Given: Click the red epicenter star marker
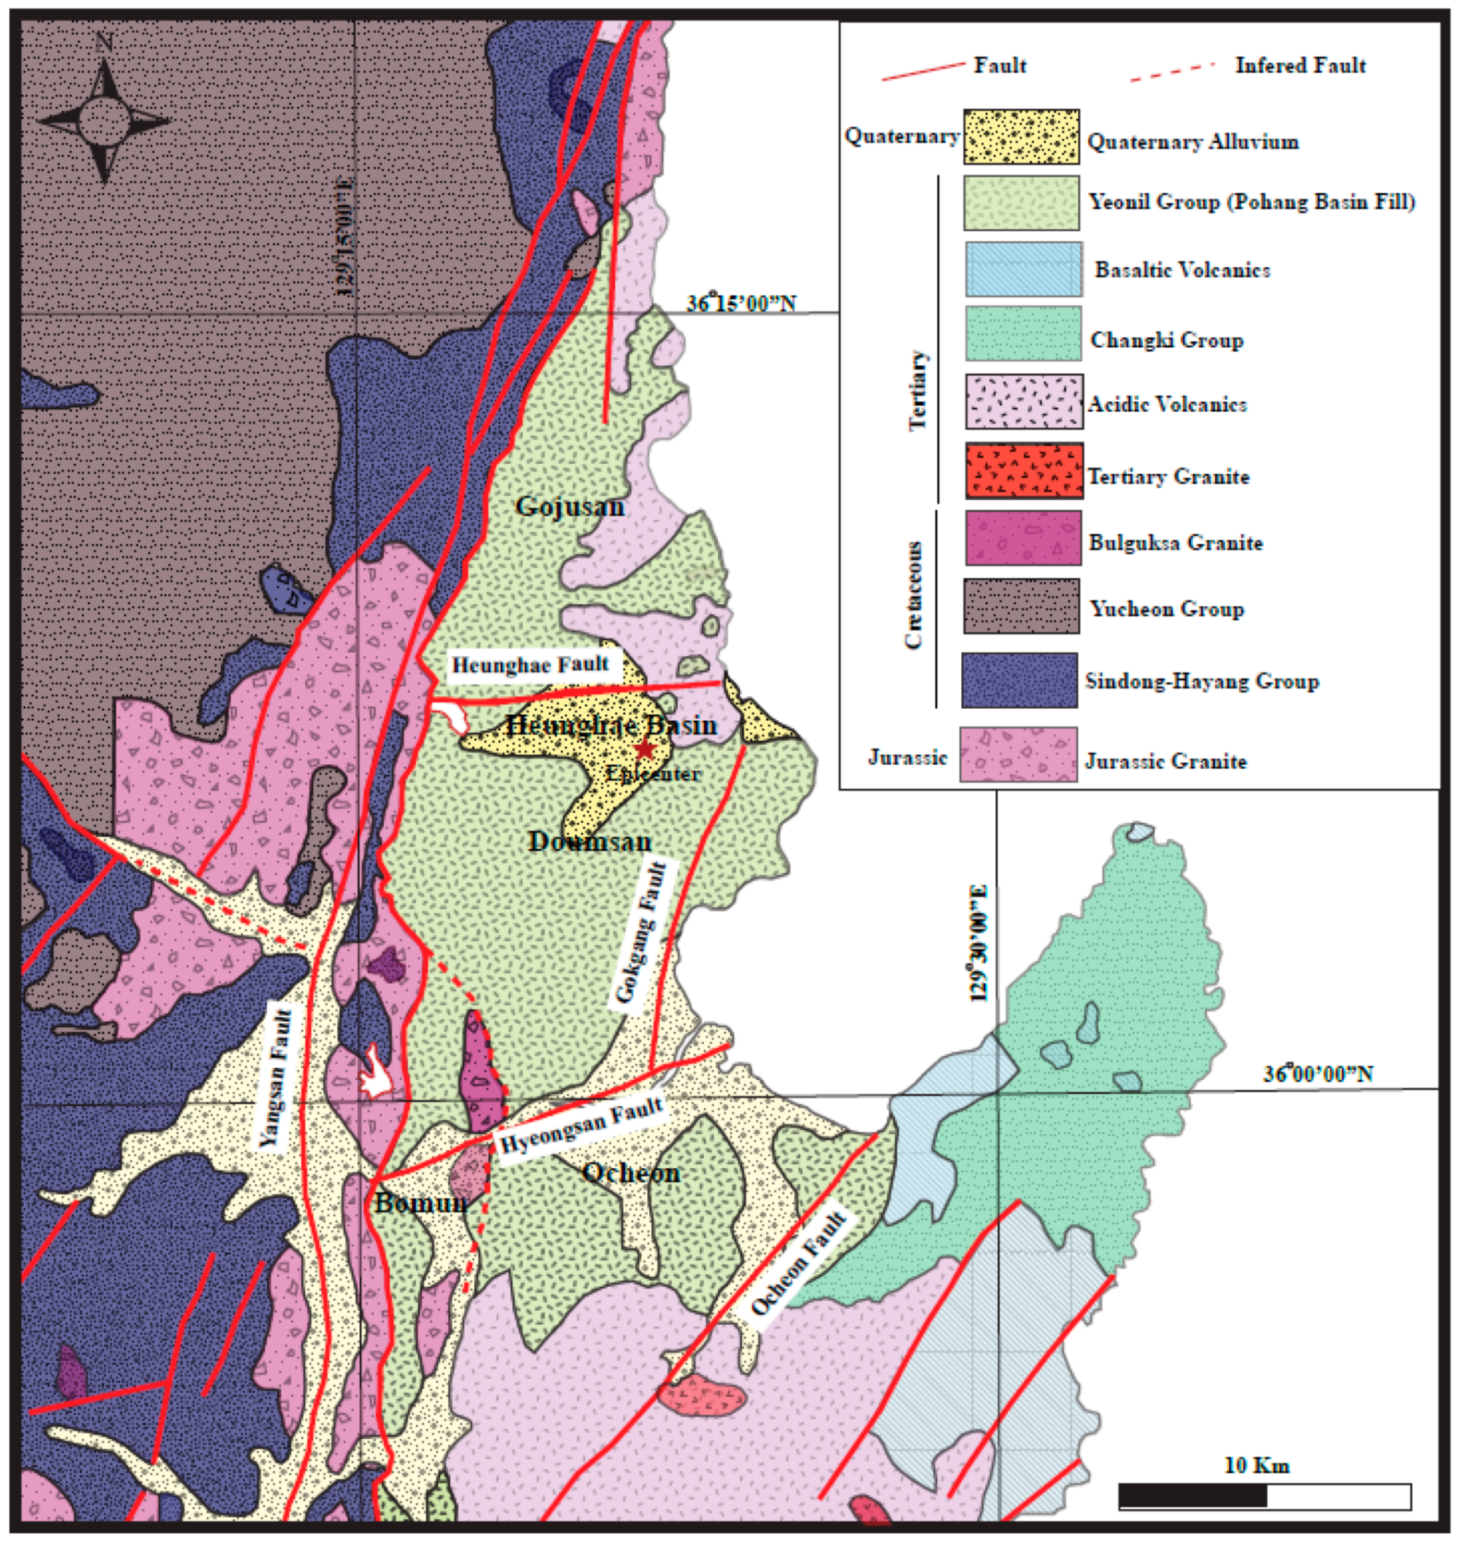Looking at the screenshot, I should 645,749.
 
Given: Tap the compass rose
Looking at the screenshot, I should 103,121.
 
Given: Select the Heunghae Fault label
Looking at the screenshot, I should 530,665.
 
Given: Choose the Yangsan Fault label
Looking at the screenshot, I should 277,1077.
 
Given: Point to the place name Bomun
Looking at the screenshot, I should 421,1203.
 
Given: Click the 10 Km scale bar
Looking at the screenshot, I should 1264,1496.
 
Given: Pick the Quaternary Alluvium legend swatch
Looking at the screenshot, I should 1021,137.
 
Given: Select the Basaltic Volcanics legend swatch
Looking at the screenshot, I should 1023,269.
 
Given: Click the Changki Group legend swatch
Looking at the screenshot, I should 1023,334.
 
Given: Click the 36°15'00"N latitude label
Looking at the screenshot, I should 741,304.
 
